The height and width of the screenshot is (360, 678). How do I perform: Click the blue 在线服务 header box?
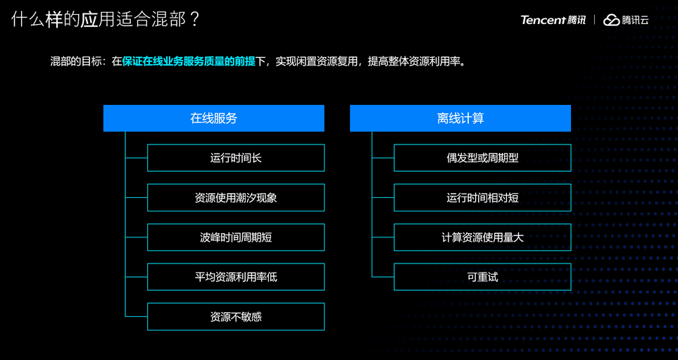pyautogui.click(x=213, y=118)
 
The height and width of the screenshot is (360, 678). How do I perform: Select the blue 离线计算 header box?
pyautogui.click(x=460, y=118)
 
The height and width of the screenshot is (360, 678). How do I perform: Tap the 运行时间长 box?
pyautogui.click(x=236, y=158)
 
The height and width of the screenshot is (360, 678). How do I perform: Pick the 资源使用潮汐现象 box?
pyautogui.click(x=236, y=198)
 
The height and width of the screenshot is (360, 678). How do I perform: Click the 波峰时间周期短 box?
pyautogui.click(x=236, y=237)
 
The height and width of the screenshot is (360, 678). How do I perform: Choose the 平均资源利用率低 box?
pyautogui.click(x=236, y=277)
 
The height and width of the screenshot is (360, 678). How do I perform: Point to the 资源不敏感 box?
pyautogui.click(x=236, y=317)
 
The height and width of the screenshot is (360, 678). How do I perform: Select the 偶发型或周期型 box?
pyautogui.click(x=482, y=158)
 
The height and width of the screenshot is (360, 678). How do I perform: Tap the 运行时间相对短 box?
pyautogui.click(x=482, y=198)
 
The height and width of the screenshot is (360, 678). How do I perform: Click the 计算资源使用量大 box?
pyautogui.click(x=482, y=237)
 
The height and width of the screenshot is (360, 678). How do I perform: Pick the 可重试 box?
pyautogui.click(x=482, y=277)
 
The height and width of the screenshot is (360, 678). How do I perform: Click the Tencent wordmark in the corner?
pyautogui.click(x=543, y=20)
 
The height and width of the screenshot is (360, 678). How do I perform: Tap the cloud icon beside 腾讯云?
pyautogui.click(x=610, y=20)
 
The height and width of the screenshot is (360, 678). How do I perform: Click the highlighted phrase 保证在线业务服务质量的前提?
pyautogui.click(x=189, y=61)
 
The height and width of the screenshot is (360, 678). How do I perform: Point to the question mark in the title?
pyautogui.click(x=195, y=19)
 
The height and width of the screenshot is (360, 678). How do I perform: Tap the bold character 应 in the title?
pyautogui.click(x=89, y=19)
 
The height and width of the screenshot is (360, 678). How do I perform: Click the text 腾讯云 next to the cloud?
pyautogui.click(x=635, y=20)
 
